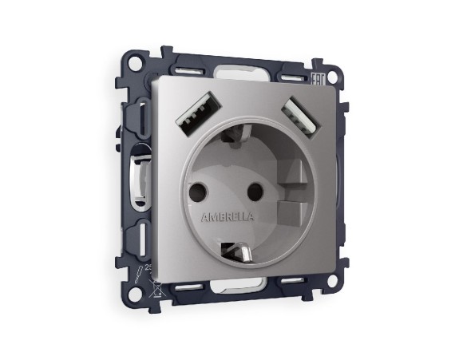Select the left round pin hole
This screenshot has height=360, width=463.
(x=196, y=193)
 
